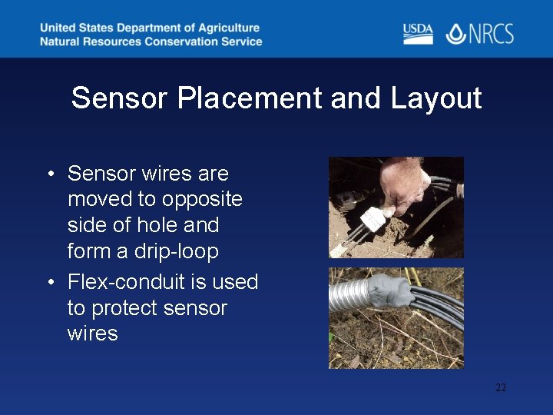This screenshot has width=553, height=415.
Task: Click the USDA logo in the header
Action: point(418,34)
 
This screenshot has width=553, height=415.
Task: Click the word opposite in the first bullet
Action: point(200,199)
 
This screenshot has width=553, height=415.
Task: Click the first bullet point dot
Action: point(49,174)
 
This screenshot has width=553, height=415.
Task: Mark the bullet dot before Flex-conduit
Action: point(49,283)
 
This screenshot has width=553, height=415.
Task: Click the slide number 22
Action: point(500,388)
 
